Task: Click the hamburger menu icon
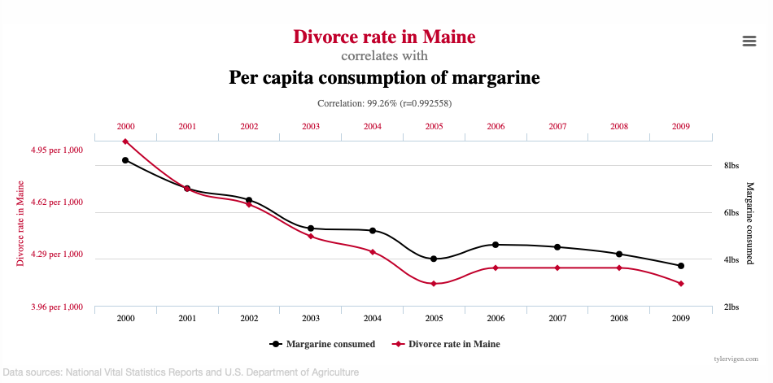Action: [x=749, y=41]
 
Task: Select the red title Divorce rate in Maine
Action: [x=384, y=37]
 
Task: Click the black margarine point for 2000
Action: [x=125, y=160]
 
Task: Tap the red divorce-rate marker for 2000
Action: [x=125, y=141]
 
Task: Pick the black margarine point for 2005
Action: [x=434, y=259]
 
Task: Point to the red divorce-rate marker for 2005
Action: [x=434, y=284]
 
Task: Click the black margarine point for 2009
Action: [x=681, y=266]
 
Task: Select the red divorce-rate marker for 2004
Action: [x=373, y=252]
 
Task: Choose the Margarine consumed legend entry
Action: [x=322, y=344]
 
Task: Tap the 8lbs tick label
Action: [x=732, y=166]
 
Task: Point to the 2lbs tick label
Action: [x=732, y=307]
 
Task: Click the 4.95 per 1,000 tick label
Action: [x=57, y=150]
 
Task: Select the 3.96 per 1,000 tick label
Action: [x=57, y=307]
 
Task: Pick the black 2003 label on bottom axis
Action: [x=311, y=318]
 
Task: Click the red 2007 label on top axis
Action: [x=557, y=127]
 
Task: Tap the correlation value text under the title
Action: [x=384, y=103]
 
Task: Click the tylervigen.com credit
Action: [x=736, y=358]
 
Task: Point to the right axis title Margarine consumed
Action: [x=749, y=223]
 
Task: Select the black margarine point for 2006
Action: [x=496, y=244]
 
